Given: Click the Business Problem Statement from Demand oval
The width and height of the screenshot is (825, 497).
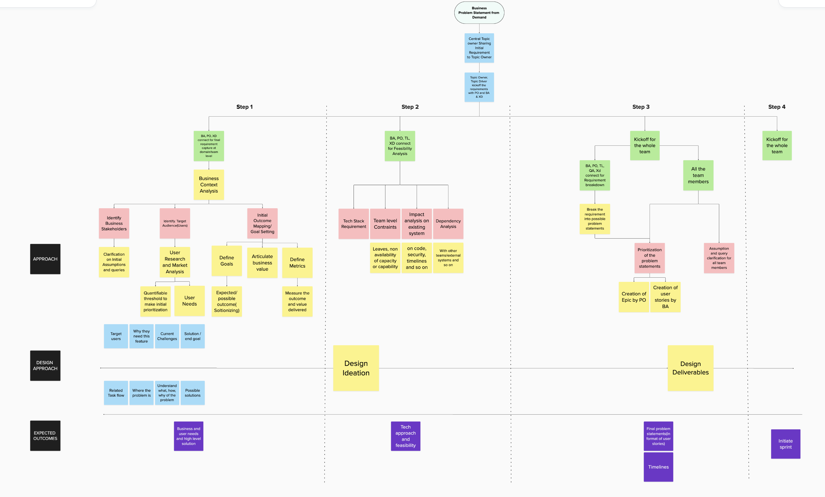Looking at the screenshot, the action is click(x=479, y=13).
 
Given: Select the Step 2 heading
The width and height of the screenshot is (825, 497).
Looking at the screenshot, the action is click(x=410, y=107).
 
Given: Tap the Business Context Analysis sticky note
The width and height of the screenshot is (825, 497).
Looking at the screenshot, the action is click(x=209, y=185).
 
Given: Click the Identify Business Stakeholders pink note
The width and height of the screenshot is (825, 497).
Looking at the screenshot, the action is click(x=114, y=223).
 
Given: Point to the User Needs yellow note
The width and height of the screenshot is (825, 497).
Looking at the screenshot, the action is click(x=189, y=300).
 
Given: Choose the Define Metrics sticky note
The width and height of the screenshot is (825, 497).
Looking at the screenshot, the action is click(x=297, y=263).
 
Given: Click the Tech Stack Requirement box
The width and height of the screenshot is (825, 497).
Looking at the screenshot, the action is click(x=354, y=224).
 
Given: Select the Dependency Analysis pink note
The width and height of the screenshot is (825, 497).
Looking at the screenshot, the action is click(x=448, y=224).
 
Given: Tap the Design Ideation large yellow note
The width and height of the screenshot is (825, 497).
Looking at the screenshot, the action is click(x=356, y=368).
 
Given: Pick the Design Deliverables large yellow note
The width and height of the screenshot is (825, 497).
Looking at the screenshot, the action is click(x=690, y=368).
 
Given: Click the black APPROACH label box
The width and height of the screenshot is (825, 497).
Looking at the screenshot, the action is click(x=45, y=259).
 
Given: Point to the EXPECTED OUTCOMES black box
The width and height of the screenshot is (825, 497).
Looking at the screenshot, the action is click(x=45, y=435).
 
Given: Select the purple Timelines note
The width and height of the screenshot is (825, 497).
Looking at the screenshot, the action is click(x=658, y=467).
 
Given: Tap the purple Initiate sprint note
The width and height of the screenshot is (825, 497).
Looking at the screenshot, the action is click(x=786, y=444).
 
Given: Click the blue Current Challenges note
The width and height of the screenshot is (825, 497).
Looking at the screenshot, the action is click(x=167, y=336).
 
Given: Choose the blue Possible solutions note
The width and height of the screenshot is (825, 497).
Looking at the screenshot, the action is click(x=192, y=392).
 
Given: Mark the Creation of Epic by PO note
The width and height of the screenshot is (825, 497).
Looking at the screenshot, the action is click(x=634, y=297).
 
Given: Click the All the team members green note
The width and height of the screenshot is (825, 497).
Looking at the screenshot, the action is click(x=698, y=175).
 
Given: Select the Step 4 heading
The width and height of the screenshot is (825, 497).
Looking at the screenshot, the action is click(x=777, y=107).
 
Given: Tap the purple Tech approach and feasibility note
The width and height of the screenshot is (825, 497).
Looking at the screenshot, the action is click(x=406, y=436).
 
